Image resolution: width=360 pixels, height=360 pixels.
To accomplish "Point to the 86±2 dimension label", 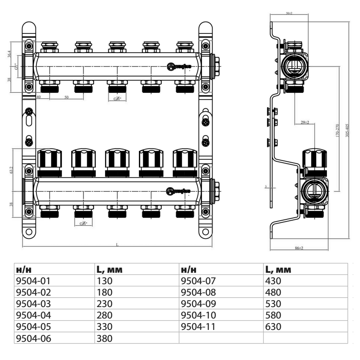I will tap(299, 248).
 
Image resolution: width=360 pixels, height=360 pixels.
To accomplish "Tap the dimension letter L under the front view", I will tap(117, 244).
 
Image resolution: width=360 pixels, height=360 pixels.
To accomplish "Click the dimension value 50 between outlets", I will tap(66, 97).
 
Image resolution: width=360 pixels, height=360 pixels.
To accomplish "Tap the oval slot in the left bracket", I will tap(29, 120).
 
